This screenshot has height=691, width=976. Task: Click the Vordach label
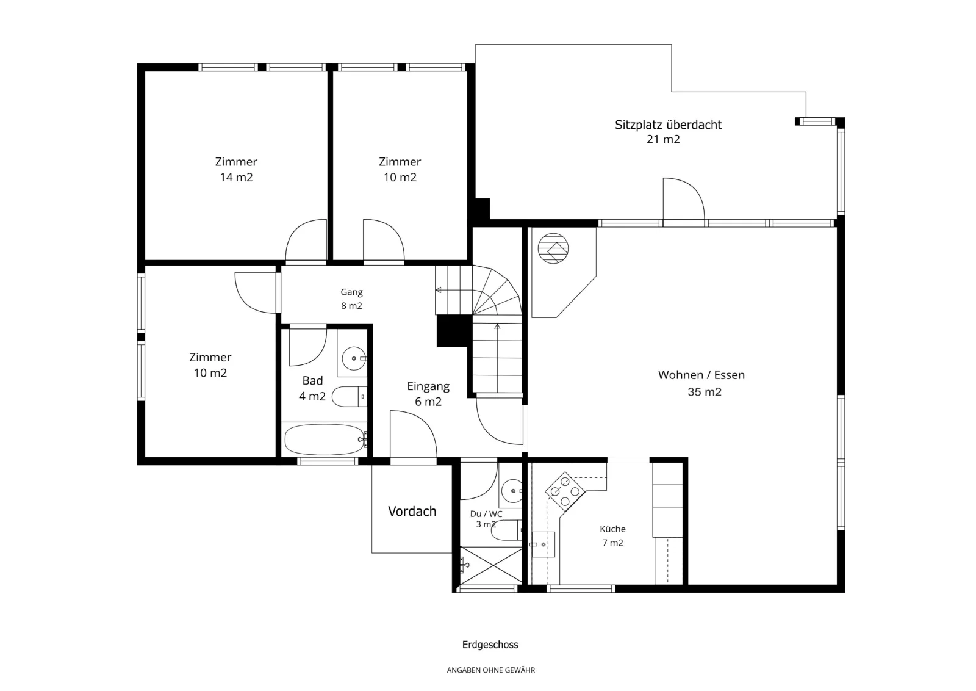click(412, 512)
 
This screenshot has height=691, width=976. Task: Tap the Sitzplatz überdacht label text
click(668, 125)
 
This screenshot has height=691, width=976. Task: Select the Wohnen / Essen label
click(701, 375)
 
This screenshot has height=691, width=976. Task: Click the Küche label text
click(612, 529)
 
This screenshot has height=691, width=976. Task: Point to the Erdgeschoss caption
click(490, 645)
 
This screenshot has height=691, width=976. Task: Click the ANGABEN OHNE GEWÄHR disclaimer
click(490, 670)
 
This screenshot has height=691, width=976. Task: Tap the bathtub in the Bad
click(325, 440)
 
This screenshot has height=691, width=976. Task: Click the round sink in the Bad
click(354, 358)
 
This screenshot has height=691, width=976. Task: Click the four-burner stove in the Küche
click(565, 492)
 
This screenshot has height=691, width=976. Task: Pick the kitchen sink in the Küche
click(543, 544)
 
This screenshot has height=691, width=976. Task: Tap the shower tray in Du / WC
click(491, 565)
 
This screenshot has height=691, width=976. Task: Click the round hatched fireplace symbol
click(553, 248)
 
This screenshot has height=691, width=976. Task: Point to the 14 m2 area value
click(236, 178)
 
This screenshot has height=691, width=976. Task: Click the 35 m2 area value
click(705, 392)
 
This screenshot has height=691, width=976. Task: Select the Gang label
click(351, 292)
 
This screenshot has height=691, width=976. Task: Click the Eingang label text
click(428, 386)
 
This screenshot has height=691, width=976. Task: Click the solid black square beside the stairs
click(454, 331)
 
